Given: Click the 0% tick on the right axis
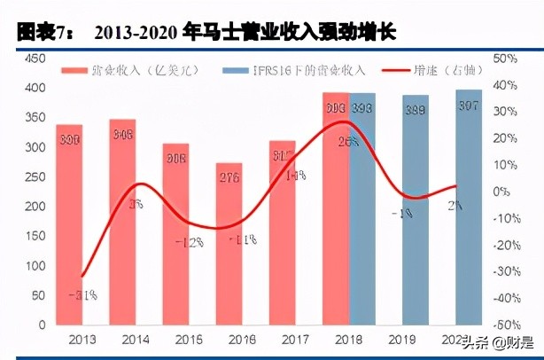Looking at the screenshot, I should [x=502, y=192].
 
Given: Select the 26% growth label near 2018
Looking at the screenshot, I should [x=347, y=140].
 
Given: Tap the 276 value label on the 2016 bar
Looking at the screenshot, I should [x=229, y=178].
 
